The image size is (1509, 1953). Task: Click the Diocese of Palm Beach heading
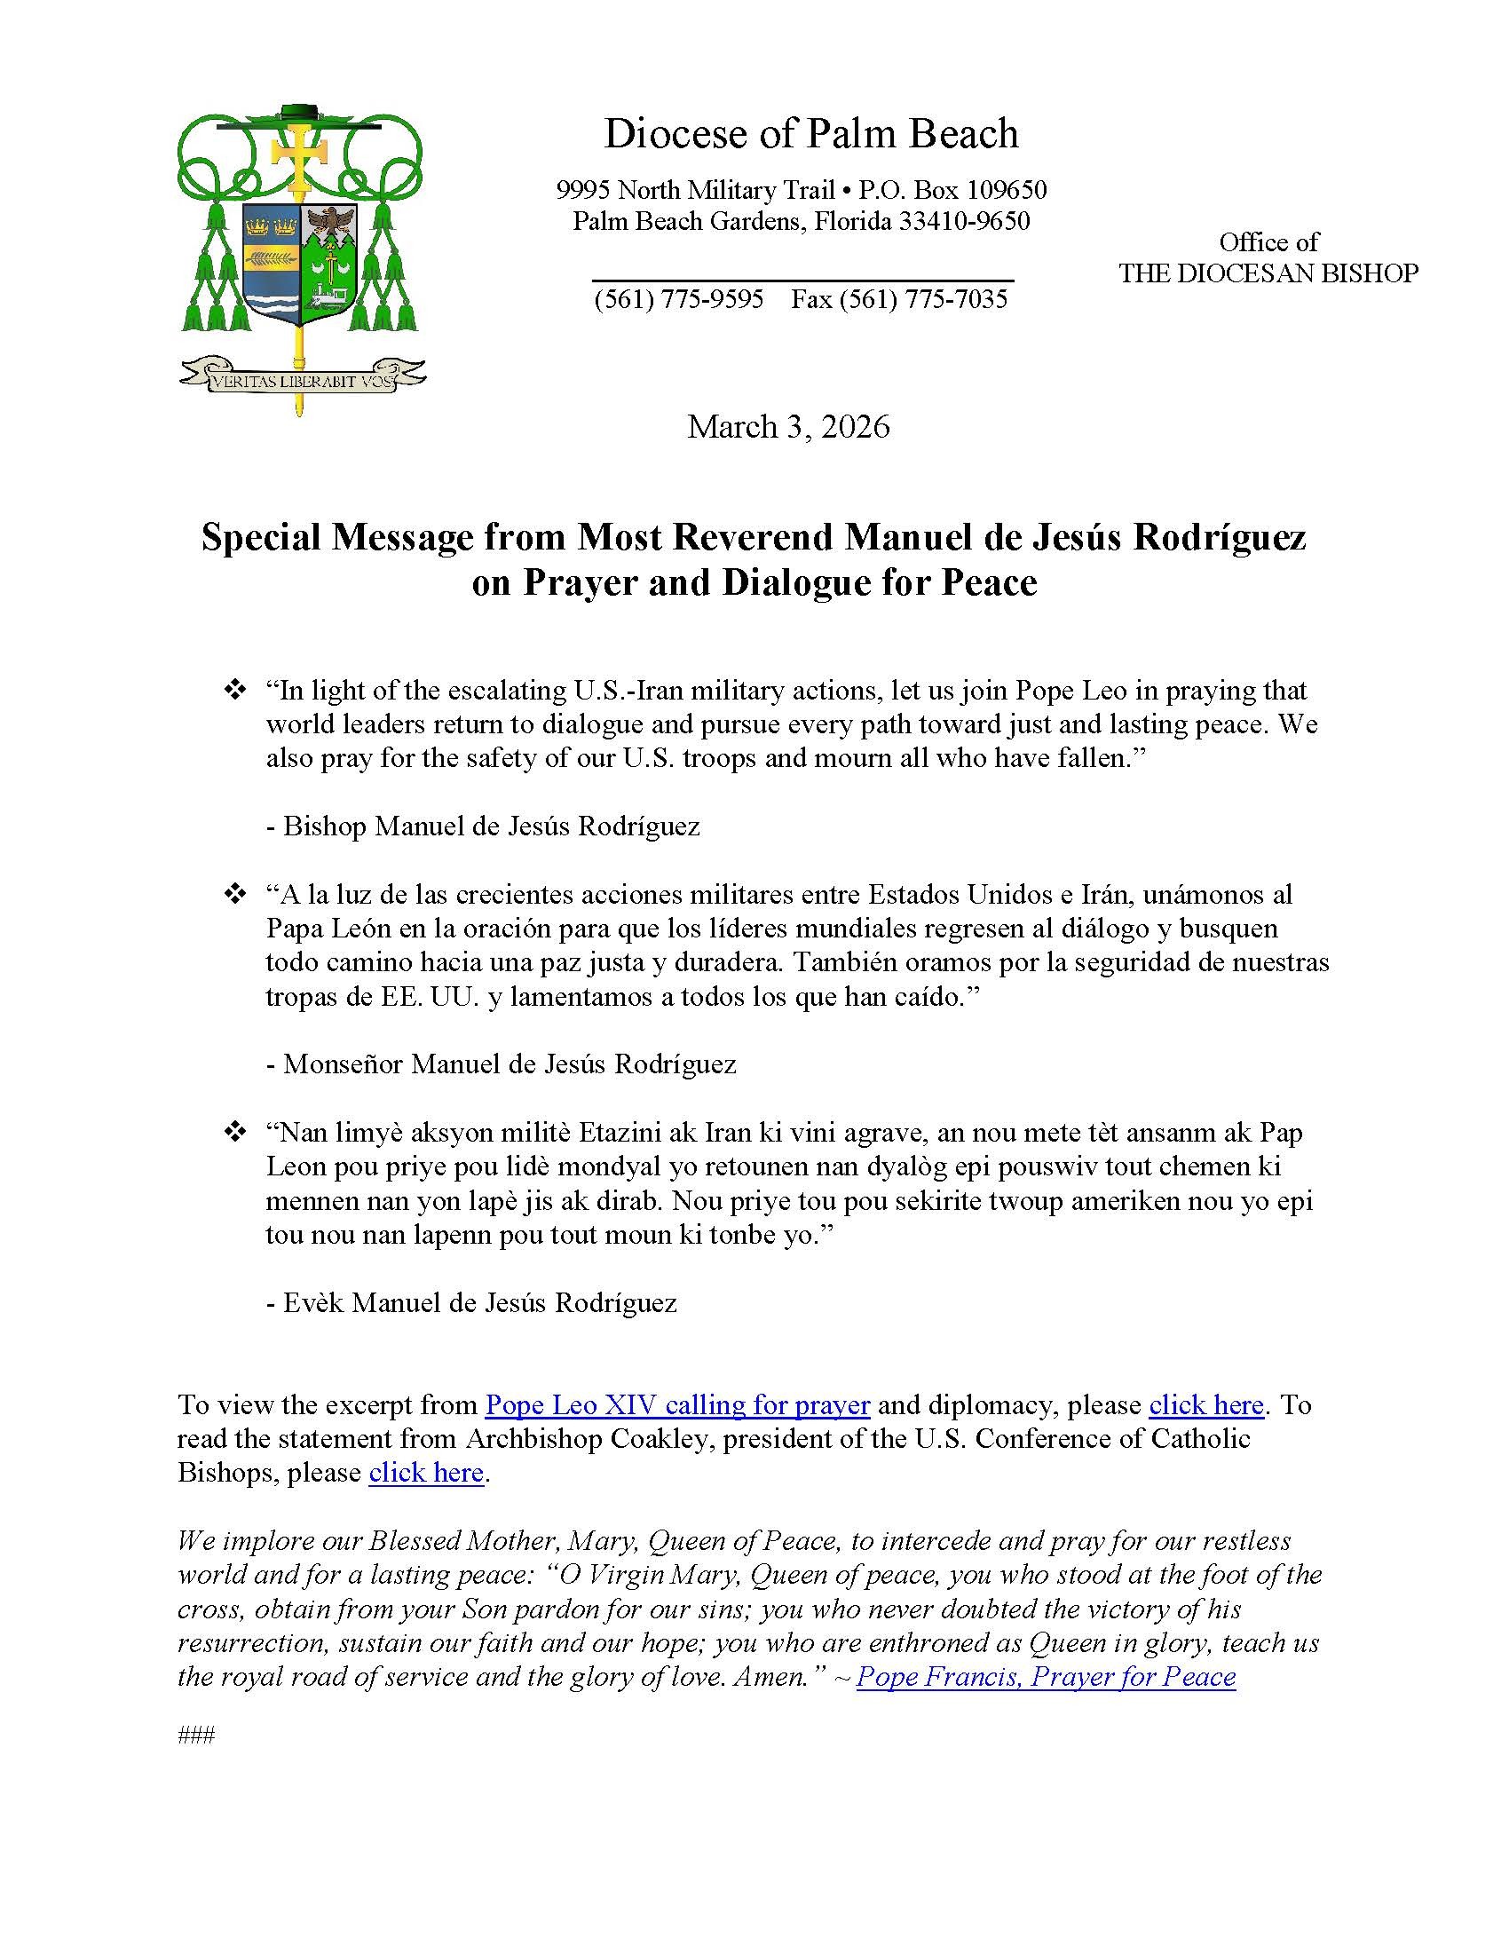click(x=810, y=134)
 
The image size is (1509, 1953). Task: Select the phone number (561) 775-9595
click(x=678, y=298)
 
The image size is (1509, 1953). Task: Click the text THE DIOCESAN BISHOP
click(x=1268, y=273)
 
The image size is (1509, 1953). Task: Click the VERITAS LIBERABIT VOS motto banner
click(x=302, y=378)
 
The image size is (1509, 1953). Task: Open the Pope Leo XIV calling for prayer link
click(x=676, y=1405)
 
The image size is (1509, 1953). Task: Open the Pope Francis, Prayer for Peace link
click(x=1046, y=1676)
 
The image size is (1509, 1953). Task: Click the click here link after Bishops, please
click(x=425, y=1472)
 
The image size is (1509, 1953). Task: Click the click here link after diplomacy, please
click(x=1205, y=1405)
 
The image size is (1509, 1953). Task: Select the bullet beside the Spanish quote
click(x=234, y=893)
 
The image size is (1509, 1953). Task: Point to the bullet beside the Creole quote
click(x=234, y=1132)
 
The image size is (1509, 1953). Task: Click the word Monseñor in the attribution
click(x=343, y=1063)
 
